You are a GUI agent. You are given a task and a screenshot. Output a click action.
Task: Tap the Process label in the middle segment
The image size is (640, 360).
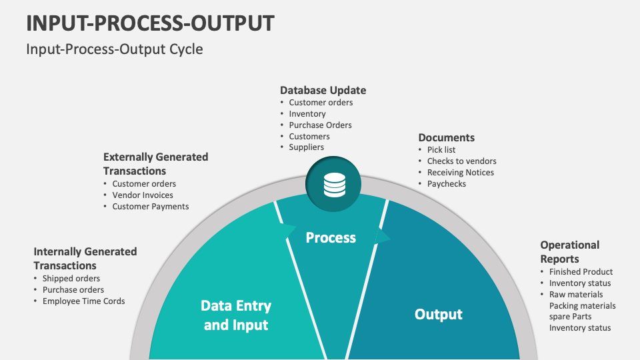[x=331, y=237]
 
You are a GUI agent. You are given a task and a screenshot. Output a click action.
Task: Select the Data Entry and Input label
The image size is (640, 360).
[x=236, y=315]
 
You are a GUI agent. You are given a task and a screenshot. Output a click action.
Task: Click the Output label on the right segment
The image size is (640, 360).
[x=438, y=314]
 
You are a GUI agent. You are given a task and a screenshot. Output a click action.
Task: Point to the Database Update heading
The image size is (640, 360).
[x=323, y=90]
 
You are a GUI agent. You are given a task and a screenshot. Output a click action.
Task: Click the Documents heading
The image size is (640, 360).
[x=446, y=137]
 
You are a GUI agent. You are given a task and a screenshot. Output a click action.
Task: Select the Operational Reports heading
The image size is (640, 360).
[x=569, y=252]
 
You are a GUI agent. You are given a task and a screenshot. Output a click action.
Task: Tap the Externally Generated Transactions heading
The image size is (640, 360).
[x=155, y=164]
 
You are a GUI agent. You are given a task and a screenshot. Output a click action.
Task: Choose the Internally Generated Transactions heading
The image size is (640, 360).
[x=85, y=258]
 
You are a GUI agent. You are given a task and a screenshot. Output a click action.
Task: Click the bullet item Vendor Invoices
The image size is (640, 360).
[x=143, y=195]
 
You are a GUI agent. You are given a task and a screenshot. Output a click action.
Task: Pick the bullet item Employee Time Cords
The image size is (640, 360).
[x=83, y=301]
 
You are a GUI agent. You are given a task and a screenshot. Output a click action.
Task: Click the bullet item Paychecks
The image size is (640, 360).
[x=447, y=184]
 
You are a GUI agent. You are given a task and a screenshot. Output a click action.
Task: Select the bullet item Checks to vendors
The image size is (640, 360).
[x=461, y=161]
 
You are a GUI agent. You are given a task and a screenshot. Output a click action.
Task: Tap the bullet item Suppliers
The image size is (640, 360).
[x=307, y=147]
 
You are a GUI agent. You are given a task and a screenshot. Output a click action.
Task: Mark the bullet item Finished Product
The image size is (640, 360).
[x=581, y=272]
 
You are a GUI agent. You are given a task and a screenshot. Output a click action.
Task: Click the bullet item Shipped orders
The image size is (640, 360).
[x=71, y=279]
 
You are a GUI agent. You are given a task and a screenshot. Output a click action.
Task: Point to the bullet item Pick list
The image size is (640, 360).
[x=441, y=150]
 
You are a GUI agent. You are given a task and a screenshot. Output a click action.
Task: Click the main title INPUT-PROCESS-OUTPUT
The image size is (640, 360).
[x=150, y=23]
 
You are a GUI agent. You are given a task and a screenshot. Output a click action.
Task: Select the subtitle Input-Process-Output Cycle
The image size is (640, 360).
[x=115, y=49]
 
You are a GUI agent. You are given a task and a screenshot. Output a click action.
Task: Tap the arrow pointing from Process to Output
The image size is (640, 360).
[x=383, y=237]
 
